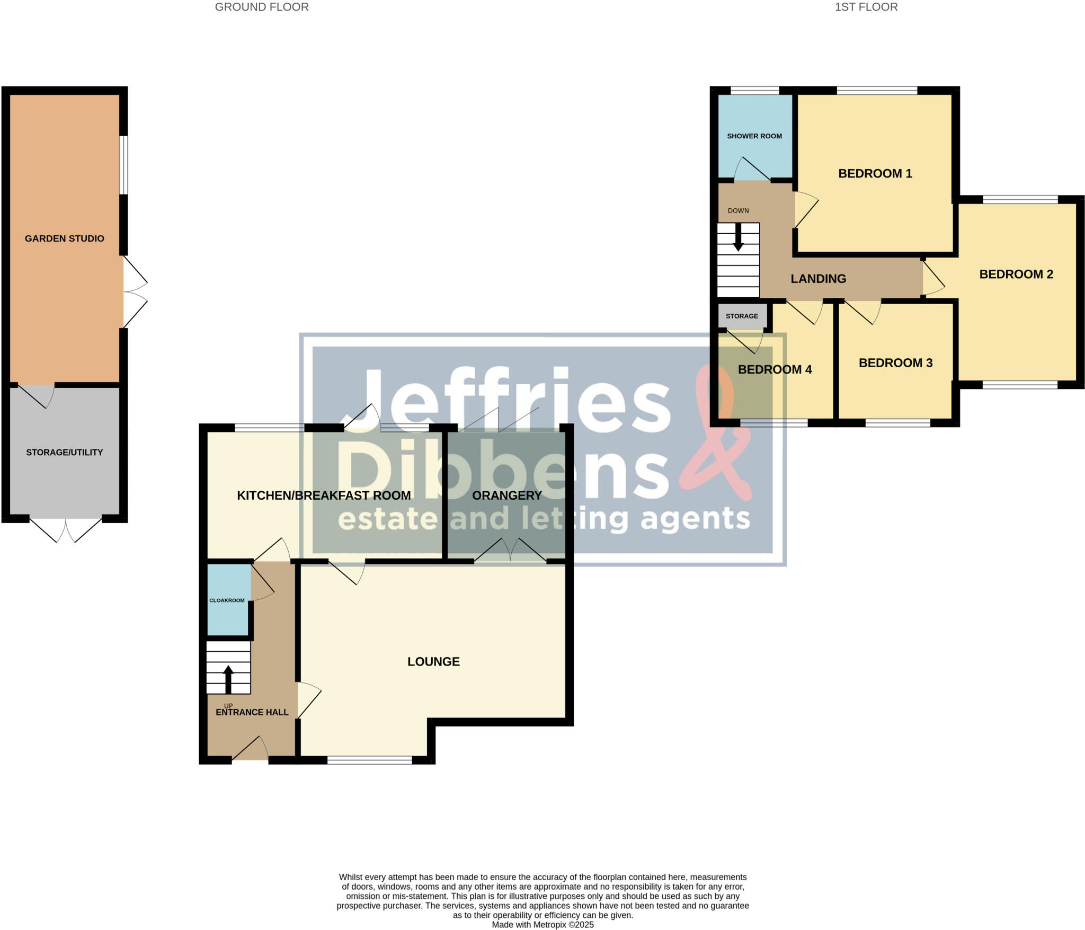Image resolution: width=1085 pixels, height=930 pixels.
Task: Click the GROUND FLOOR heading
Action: click(x=262, y=7)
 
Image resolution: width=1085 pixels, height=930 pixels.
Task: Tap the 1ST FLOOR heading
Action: click(x=866, y=7)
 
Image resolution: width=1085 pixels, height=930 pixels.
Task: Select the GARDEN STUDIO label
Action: click(x=65, y=238)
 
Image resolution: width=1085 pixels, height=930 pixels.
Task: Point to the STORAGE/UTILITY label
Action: click(x=65, y=452)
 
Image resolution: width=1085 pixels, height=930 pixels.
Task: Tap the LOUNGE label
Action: click(x=433, y=661)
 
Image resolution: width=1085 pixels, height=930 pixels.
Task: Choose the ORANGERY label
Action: click(x=507, y=495)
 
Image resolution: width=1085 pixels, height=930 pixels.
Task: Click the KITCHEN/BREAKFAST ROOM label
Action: click(x=324, y=495)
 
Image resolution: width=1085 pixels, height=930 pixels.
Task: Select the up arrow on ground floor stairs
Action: click(x=228, y=679)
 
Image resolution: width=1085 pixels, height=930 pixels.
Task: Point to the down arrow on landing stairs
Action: click(x=738, y=238)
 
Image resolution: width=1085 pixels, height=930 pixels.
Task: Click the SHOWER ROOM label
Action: click(x=754, y=136)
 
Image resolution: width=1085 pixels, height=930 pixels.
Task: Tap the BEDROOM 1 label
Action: click(x=875, y=174)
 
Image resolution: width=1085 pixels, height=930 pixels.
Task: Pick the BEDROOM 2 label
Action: click(x=1016, y=274)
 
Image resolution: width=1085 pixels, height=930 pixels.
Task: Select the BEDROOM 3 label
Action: click(x=895, y=363)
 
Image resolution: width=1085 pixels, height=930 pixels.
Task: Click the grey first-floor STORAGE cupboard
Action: click(x=742, y=316)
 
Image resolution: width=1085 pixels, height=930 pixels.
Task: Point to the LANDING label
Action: click(x=819, y=279)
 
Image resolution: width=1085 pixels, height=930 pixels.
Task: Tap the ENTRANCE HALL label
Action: click(x=252, y=712)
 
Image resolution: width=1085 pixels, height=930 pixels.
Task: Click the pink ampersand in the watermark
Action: click(x=721, y=435)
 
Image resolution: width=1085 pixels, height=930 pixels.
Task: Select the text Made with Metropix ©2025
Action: click(x=542, y=925)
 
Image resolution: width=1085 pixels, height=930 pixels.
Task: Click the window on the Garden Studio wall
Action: click(x=123, y=165)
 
